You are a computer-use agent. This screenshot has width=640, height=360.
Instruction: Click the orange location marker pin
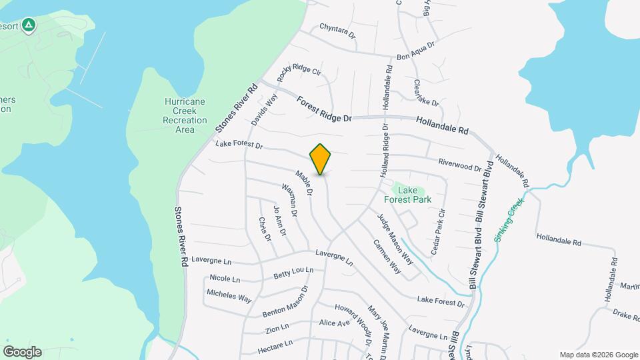(x=321, y=159)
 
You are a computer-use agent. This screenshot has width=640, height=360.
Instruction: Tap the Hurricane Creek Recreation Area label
(x=185, y=115)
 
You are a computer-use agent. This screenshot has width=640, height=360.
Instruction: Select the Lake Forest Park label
(x=407, y=195)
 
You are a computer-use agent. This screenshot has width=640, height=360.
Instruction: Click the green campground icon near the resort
(x=28, y=26)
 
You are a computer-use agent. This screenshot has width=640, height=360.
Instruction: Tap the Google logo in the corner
(x=22, y=351)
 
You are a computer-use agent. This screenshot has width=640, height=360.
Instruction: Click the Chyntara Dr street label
(x=337, y=29)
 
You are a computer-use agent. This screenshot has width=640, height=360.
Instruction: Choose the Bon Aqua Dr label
(x=415, y=52)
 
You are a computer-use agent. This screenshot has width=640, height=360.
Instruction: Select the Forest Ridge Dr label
(x=324, y=109)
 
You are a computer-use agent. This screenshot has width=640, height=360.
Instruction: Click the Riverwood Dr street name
(x=459, y=165)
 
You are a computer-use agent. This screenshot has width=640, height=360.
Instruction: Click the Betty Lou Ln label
(x=293, y=273)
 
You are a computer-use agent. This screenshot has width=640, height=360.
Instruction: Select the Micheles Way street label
(x=229, y=296)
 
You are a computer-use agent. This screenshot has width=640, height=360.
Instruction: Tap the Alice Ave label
(x=335, y=323)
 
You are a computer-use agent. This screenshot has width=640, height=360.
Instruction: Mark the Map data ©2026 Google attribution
(x=599, y=355)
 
